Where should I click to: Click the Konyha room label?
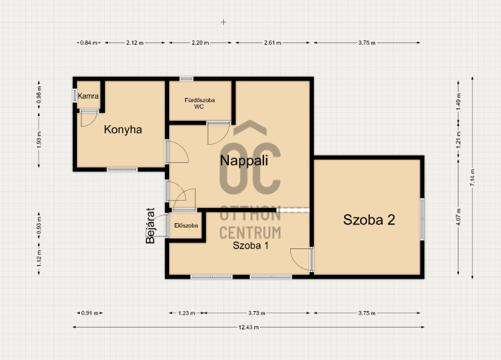(x=123, y=130)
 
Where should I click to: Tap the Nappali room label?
(x=244, y=161)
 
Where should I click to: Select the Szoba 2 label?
(x=369, y=220)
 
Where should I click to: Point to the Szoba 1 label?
(x=250, y=246)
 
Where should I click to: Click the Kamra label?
(x=89, y=96)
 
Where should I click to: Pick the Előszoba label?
(x=186, y=225)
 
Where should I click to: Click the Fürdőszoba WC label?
(x=199, y=103)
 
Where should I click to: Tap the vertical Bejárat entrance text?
(x=150, y=225)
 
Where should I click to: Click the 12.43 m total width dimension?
(x=248, y=327)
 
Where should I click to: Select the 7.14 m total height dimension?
(x=472, y=177)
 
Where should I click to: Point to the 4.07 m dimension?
(x=459, y=217)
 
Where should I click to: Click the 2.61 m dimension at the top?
(x=273, y=42)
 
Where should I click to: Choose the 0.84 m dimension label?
(x=89, y=42)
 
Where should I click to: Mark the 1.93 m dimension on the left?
(x=39, y=140)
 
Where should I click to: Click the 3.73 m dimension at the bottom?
(x=256, y=313)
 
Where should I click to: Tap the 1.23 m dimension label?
(x=186, y=313)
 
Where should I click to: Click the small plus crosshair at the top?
(x=224, y=22)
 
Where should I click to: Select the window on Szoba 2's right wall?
(x=422, y=219)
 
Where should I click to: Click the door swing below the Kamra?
(x=89, y=119)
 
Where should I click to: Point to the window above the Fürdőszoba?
(x=186, y=78)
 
